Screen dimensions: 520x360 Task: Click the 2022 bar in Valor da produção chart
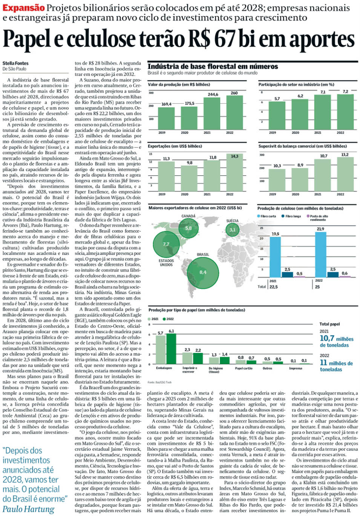[x=234, y=112]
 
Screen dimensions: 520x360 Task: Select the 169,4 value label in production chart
[x=166, y=104]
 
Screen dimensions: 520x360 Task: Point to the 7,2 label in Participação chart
[x=345, y=92]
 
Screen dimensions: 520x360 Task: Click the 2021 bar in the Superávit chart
[x=323, y=175]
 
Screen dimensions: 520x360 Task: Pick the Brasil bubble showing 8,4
[x=203, y=272]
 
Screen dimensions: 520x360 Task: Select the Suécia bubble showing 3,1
[x=232, y=230]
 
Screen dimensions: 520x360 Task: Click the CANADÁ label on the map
[x=188, y=216]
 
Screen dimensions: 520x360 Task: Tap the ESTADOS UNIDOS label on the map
[x=166, y=263]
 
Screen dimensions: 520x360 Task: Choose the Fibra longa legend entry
[x=293, y=216]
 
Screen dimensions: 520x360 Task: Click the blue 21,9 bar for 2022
[x=320, y=255]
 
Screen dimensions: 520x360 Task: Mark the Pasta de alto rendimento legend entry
[x=319, y=218]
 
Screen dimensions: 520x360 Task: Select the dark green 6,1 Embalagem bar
[x=171, y=348]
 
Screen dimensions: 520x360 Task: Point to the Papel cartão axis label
[x=244, y=368]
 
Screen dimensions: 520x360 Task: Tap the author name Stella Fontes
[x=15, y=63]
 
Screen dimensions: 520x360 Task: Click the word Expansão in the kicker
[x=23, y=8]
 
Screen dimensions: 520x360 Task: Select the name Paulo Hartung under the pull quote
[x=28, y=509]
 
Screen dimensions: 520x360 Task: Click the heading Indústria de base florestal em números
[x=213, y=66]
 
